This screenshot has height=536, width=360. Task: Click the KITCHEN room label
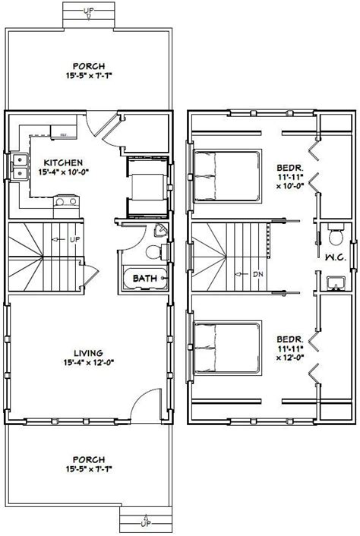click(58, 162)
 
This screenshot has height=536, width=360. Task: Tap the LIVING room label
click(90, 352)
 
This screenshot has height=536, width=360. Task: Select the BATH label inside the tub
click(145, 279)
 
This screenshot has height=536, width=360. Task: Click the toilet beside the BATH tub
click(151, 252)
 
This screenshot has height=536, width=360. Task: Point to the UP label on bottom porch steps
click(144, 523)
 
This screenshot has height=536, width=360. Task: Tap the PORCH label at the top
click(89, 66)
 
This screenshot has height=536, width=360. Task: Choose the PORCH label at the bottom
click(90, 459)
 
